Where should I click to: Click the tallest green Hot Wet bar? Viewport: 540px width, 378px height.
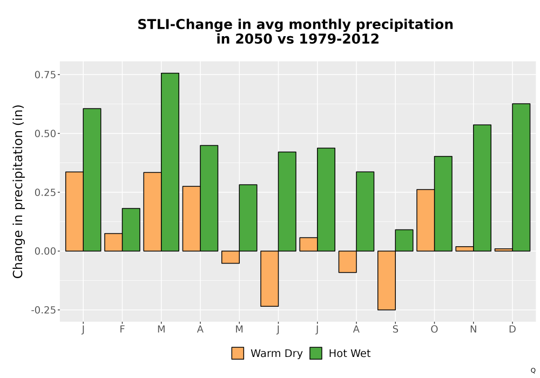(170, 162)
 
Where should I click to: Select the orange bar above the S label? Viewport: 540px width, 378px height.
(387, 280)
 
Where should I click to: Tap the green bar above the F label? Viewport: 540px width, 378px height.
(131, 230)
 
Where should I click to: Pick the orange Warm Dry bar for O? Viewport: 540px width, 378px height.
(426, 220)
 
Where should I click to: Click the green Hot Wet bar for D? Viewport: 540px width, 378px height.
(521, 177)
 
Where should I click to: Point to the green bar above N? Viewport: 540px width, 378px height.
(482, 188)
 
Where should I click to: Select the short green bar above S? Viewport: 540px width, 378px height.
(404, 240)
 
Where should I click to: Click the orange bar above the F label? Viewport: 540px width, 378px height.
(113, 242)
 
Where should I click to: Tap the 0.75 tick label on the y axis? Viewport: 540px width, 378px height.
(45, 75)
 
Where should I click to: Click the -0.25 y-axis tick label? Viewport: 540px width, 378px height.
(43, 310)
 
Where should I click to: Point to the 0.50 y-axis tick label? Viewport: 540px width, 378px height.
(45, 133)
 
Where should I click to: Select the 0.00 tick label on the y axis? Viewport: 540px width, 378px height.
(45, 251)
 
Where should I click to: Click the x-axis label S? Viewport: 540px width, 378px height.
(395, 329)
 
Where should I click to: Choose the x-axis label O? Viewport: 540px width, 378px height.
(434, 329)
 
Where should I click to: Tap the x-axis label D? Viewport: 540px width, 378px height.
(512, 329)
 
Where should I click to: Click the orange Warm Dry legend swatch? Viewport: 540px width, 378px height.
(238, 353)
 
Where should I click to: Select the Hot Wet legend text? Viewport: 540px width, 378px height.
(349, 354)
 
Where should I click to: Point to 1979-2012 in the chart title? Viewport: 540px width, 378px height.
(339, 39)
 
